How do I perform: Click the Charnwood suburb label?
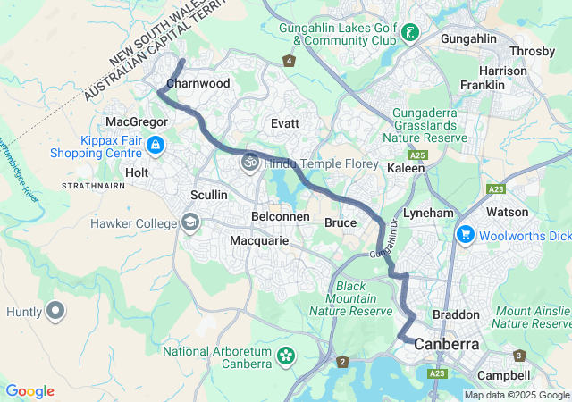pyautogui.click(x=198, y=83)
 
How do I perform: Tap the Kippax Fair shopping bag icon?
pyautogui.click(x=156, y=144)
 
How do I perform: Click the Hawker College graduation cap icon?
pyautogui.click(x=189, y=222)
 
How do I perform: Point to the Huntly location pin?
pyautogui.click(x=55, y=312)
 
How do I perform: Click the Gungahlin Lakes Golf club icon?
pyautogui.click(x=410, y=34)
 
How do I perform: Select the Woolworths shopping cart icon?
pyautogui.click(x=465, y=235)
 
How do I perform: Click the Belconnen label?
pyautogui.click(x=280, y=217)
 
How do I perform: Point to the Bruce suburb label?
pyautogui.click(x=341, y=222)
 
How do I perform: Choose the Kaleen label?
pyautogui.click(x=406, y=168)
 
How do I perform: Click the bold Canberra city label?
pyautogui.click(x=446, y=344)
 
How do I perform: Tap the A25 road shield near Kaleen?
pyautogui.click(x=421, y=155)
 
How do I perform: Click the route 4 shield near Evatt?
pyautogui.click(x=289, y=61)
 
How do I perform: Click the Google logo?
pyautogui.click(x=30, y=391)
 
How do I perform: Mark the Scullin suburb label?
pyautogui.click(x=208, y=195)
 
